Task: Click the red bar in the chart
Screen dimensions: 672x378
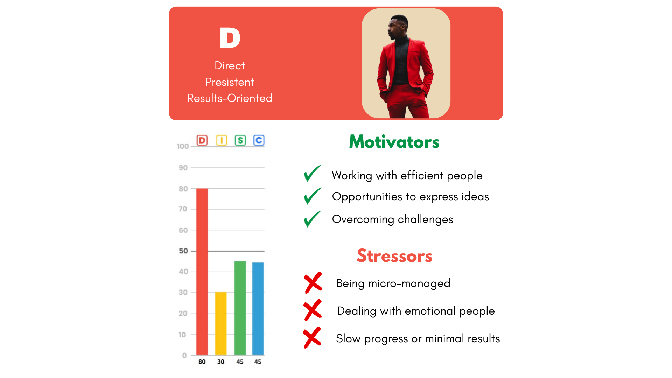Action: [x=202, y=272]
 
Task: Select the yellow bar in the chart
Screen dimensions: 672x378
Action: [x=221, y=323]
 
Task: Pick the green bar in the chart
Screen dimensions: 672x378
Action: [x=240, y=308]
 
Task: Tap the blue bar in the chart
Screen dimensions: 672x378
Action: [x=258, y=308]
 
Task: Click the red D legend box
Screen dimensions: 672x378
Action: [x=202, y=140]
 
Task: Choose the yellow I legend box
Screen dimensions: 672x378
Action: [x=222, y=140]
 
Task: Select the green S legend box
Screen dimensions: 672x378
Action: [x=240, y=140]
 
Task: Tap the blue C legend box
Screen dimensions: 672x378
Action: [x=259, y=140]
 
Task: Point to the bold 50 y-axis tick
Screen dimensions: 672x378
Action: [x=183, y=251]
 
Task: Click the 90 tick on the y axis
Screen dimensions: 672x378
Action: [x=183, y=168]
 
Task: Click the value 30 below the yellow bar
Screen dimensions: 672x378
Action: [x=221, y=362]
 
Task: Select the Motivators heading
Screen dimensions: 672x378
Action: [x=394, y=142]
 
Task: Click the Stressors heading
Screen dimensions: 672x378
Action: [x=394, y=256]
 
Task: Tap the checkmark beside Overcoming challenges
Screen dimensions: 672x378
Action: [x=312, y=219]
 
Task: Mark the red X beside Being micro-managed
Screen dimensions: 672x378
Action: [x=313, y=283]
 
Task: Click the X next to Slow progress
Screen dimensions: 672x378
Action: [x=312, y=338]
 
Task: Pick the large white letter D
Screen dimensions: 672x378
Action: [x=230, y=38]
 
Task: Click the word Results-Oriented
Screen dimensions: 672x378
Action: [x=230, y=98]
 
